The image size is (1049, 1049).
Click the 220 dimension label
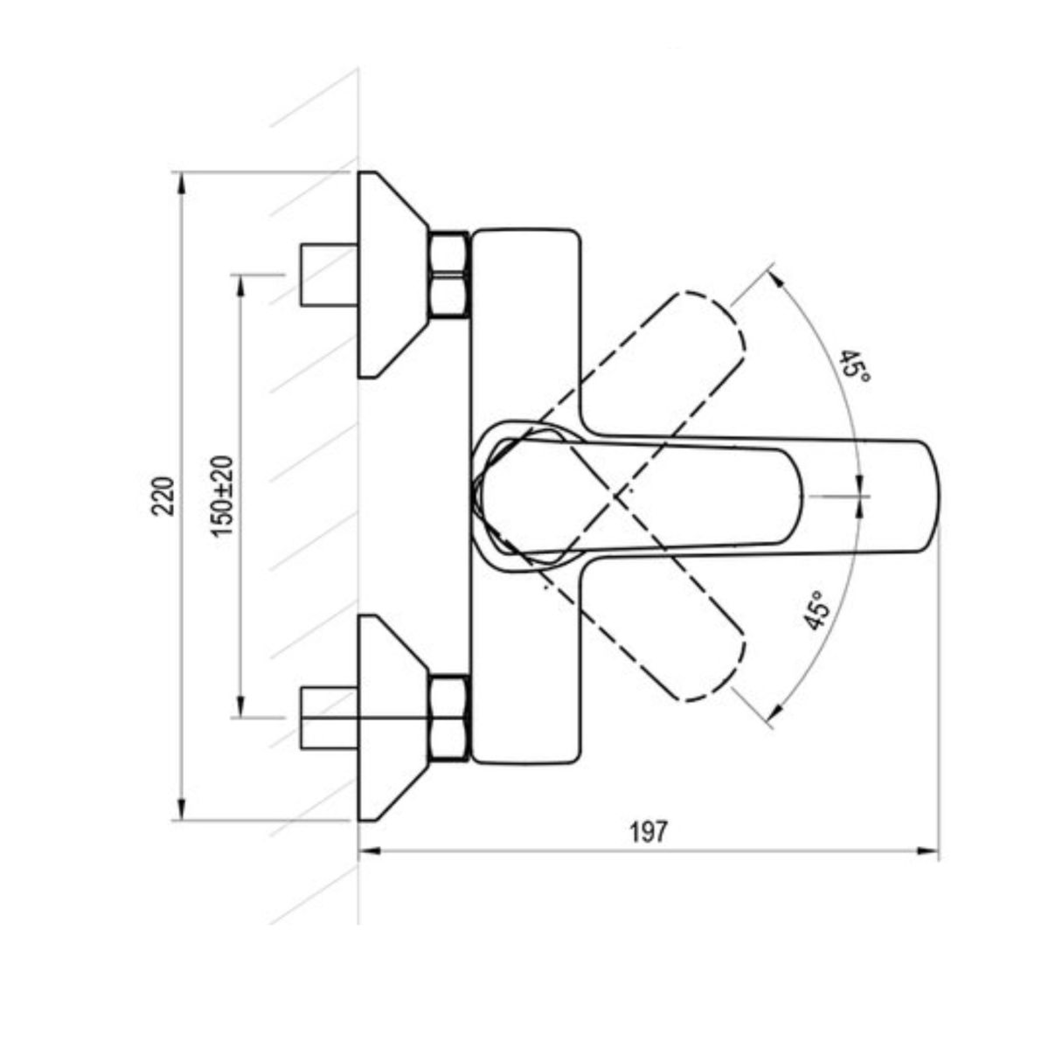point(165,496)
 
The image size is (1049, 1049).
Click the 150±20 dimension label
point(223,496)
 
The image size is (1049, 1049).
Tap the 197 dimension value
point(648,831)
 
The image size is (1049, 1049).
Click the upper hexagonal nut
point(449,274)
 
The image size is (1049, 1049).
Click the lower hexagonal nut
point(449,719)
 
